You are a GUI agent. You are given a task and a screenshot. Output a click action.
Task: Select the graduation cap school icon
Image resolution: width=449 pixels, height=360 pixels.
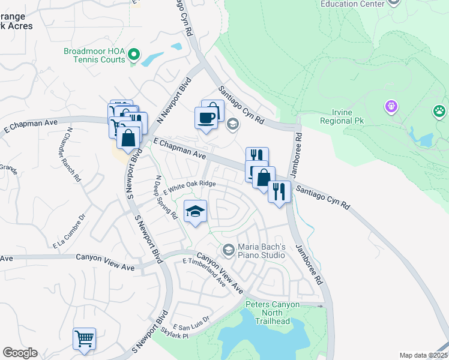coord(195,211)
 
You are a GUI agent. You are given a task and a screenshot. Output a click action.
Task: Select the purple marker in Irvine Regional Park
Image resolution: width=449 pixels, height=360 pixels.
coord(391,107)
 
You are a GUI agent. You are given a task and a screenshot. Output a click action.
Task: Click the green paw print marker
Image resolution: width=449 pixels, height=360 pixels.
coord(439,111)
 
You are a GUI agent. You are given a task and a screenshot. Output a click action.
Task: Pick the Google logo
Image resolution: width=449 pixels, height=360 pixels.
coord(19,353)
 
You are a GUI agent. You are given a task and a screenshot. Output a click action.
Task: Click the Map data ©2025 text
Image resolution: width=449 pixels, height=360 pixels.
coord(423,355)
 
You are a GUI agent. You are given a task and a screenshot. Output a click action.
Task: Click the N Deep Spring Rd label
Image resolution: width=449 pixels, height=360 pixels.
coord(166,196)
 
